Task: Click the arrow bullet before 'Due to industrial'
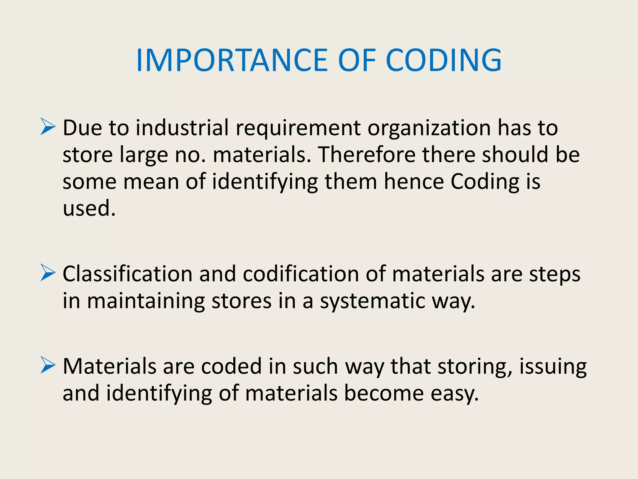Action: click(x=48, y=127)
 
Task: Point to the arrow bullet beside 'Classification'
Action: click(x=48, y=273)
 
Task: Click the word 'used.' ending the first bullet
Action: click(x=89, y=208)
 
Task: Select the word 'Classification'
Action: click(x=127, y=274)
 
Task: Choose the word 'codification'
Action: click(x=301, y=274)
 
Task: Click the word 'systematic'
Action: click(x=373, y=301)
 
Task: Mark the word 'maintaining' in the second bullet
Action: click(x=146, y=301)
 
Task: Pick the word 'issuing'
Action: click(x=553, y=367)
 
